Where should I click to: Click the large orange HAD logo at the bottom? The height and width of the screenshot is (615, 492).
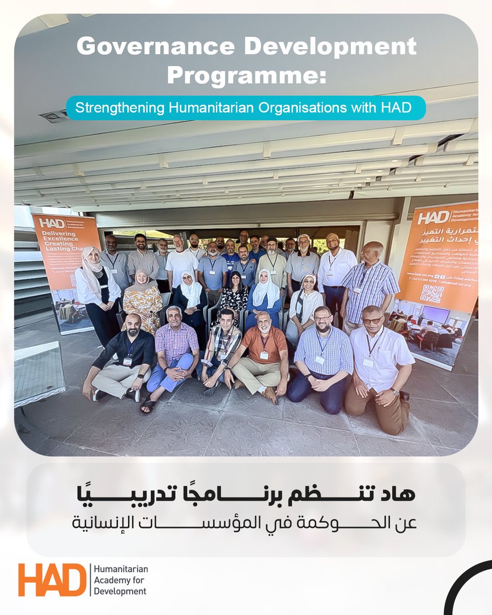point(52,580)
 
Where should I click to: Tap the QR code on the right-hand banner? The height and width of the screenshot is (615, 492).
point(432,294)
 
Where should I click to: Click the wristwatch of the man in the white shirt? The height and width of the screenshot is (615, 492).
point(395,392)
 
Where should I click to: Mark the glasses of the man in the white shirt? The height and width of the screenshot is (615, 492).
point(373,320)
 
